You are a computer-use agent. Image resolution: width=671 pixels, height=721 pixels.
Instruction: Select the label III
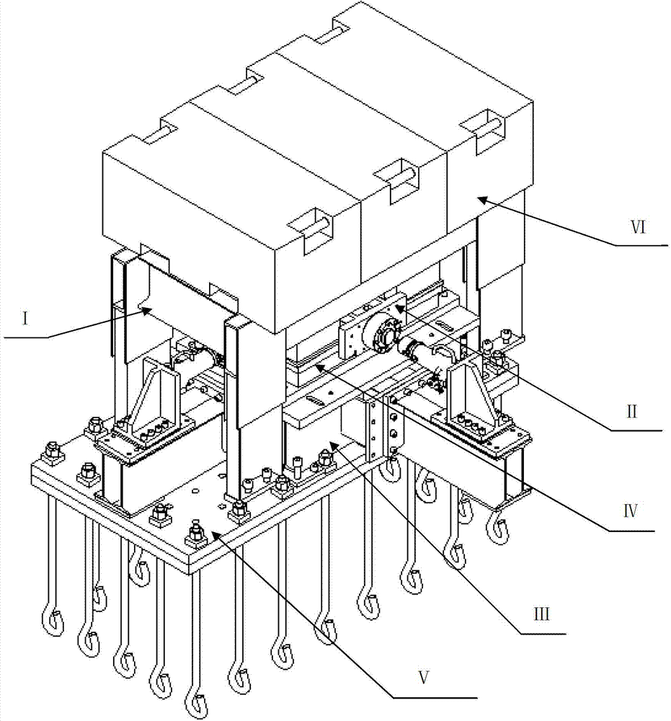[x=541, y=614]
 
